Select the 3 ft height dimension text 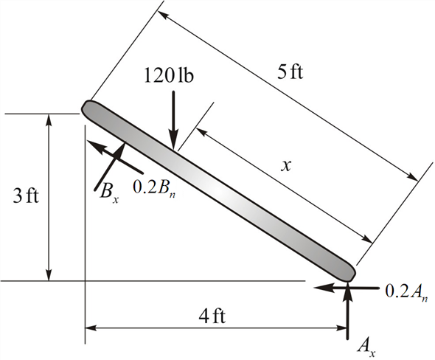(x=19, y=197)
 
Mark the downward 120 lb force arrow (x=172, y=118)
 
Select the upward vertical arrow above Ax (x=348, y=310)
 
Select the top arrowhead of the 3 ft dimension (x=49, y=120)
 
